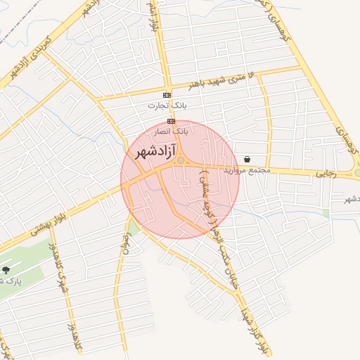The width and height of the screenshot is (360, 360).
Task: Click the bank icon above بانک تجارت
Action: click(167, 95)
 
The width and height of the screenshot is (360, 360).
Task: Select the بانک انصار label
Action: click(172, 131)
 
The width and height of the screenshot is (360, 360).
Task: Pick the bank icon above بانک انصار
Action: click(171, 121)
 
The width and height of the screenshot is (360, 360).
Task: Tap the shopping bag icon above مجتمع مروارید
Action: click(247, 159)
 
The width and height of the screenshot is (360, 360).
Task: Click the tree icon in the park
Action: click(6, 269)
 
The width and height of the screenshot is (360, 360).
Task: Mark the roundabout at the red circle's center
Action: click(181, 162)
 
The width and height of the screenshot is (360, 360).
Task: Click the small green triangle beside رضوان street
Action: click(130, 226)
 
